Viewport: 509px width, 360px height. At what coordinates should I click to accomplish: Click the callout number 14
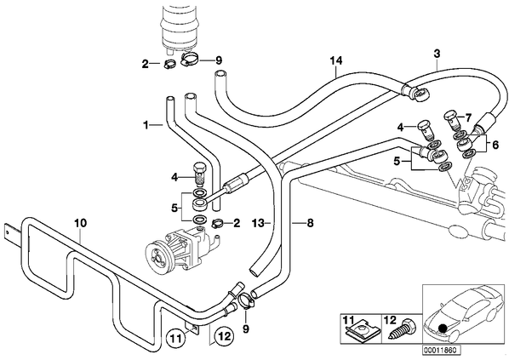(x=336, y=61)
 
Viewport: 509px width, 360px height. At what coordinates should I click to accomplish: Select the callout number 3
(x=437, y=54)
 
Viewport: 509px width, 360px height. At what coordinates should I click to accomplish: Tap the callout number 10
(x=80, y=223)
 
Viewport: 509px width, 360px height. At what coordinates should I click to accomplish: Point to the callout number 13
(x=258, y=223)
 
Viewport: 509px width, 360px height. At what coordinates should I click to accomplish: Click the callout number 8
(x=310, y=223)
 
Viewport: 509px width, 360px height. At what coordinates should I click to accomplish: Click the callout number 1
(x=146, y=124)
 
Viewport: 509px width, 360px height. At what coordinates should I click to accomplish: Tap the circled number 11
(x=175, y=339)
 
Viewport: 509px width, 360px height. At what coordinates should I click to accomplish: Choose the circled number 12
(x=225, y=336)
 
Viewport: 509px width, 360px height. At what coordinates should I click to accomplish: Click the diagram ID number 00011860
(x=441, y=351)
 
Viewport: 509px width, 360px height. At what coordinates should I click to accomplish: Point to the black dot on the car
(x=442, y=329)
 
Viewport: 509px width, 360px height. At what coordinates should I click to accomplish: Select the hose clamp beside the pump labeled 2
(x=218, y=223)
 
